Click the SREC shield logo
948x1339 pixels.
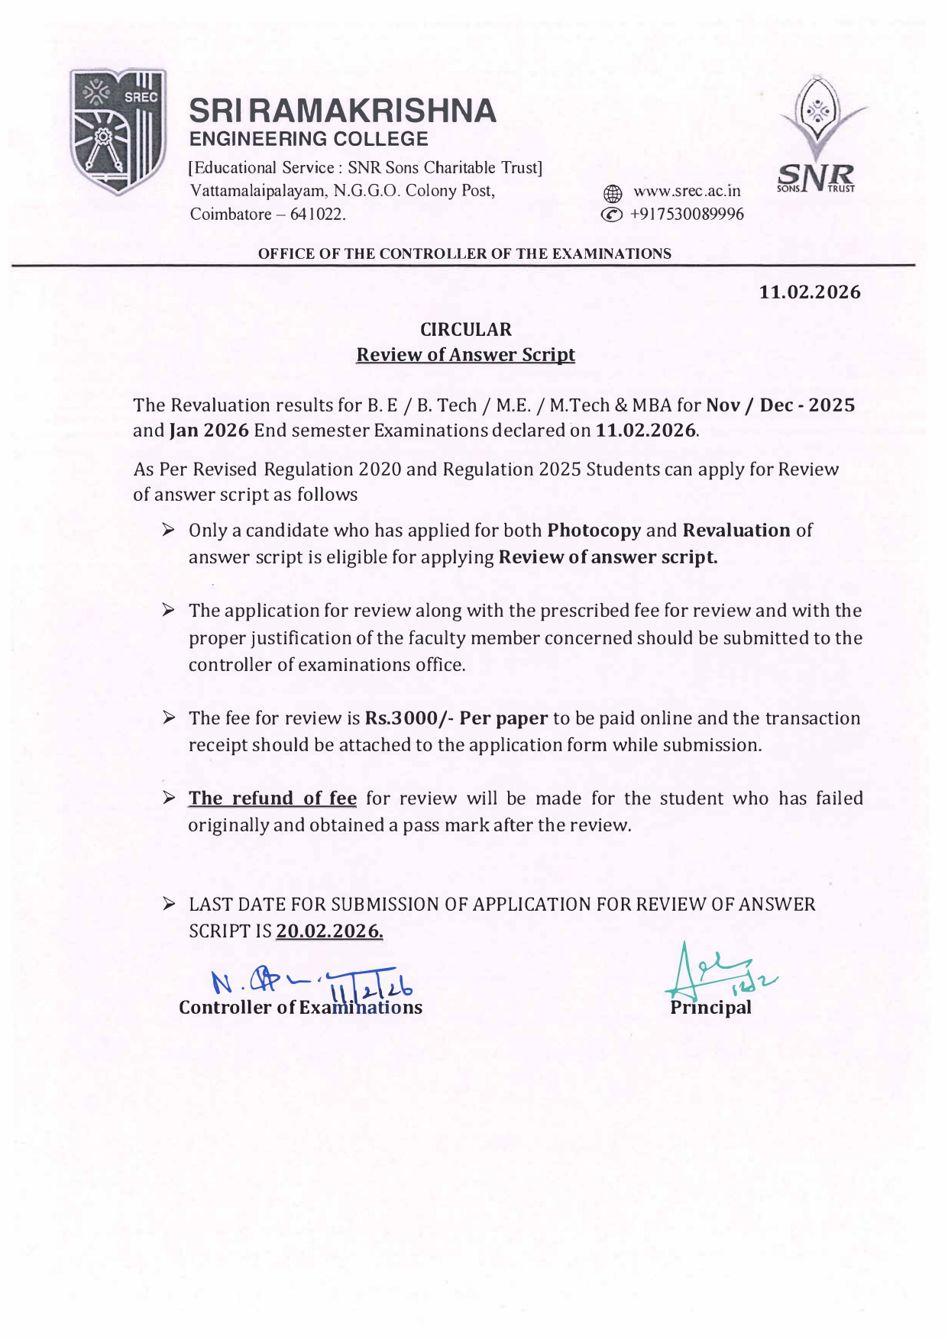pos(118,131)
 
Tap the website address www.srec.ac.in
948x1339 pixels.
pos(687,191)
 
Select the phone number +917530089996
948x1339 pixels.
pos(686,215)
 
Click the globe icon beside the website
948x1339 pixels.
pos(612,192)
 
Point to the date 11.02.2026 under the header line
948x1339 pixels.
pos(809,292)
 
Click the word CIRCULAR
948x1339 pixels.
pos(466,330)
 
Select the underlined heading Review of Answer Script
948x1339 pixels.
pos(466,355)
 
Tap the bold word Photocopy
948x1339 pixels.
pos(594,531)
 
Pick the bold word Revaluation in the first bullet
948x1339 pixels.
pos(736,531)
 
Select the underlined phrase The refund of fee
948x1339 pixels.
pos(273,799)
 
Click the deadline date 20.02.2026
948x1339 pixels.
pos(329,931)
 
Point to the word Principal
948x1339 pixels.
pos(710,1008)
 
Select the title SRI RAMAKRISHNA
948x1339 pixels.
pos(342,111)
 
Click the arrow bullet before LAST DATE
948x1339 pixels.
pos(170,905)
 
